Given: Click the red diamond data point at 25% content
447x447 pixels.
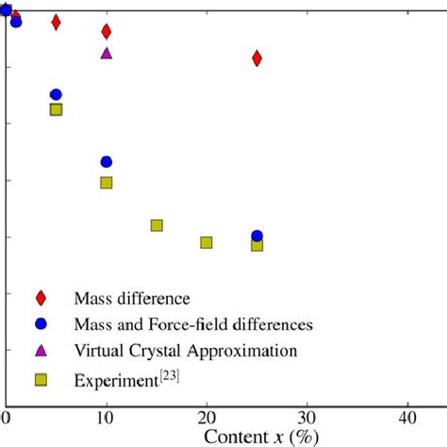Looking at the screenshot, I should tap(257, 58).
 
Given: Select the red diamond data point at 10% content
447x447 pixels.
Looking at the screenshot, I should tap(106, 32).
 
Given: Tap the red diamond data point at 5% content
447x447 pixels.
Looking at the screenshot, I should tap(56, 22).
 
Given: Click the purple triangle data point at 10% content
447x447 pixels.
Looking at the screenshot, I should tap(106, 53).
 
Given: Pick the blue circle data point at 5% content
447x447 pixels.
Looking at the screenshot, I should tap(56, 94).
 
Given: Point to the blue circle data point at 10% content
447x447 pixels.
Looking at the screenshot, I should tap(106, 162).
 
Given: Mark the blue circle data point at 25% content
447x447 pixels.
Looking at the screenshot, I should tap(257, 235).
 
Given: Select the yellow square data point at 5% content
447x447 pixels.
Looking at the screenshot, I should tap(56, 109).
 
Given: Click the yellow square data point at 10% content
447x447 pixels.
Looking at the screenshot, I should tap(106, 182).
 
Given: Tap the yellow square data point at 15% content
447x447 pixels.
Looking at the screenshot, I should tap(157, 225).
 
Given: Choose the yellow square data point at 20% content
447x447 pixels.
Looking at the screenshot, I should tap(207, 242).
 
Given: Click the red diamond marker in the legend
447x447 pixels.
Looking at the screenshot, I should tap(41, 298).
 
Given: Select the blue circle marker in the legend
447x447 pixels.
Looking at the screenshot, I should tap(41, 324).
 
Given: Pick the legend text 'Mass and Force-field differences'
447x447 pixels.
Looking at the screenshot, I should tap(193, 324).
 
